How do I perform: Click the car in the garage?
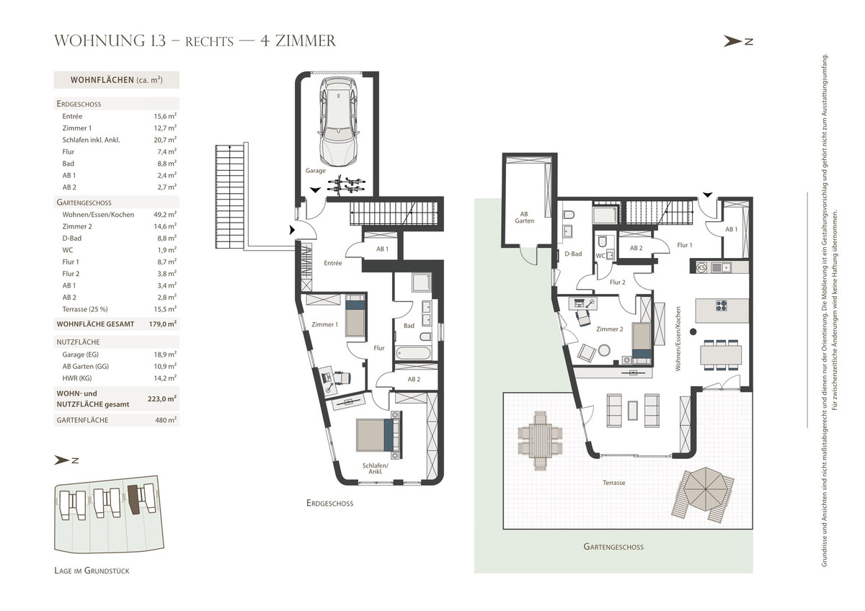(x=339, y=122)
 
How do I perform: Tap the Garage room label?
(x=316, y=170)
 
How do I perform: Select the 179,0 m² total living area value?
(x=163, y=324)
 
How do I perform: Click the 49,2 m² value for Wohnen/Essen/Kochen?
(x=165, y=214)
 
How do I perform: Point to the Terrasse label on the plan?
(x=613, y=483)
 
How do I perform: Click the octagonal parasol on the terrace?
(x=706, y=489)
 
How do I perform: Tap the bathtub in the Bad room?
(x=414, y=353)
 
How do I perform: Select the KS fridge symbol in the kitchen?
(x=701, y=267)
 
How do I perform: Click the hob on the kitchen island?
(x=722, y=305)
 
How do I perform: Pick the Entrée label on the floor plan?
(x=333, y=263)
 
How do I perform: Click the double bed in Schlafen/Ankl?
(x=379, y=434)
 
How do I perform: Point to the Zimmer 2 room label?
(x=609, y=329)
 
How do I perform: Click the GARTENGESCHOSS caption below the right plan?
(x=613, y=547)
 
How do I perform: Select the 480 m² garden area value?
(x=166, y=420)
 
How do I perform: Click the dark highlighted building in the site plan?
(x=134, y=499)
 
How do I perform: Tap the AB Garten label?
(x=524, y=218)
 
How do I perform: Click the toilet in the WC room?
(x=603, y=241)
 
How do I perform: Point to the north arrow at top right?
(x=738, y=41)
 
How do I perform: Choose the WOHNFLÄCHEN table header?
(x=116, y=80)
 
